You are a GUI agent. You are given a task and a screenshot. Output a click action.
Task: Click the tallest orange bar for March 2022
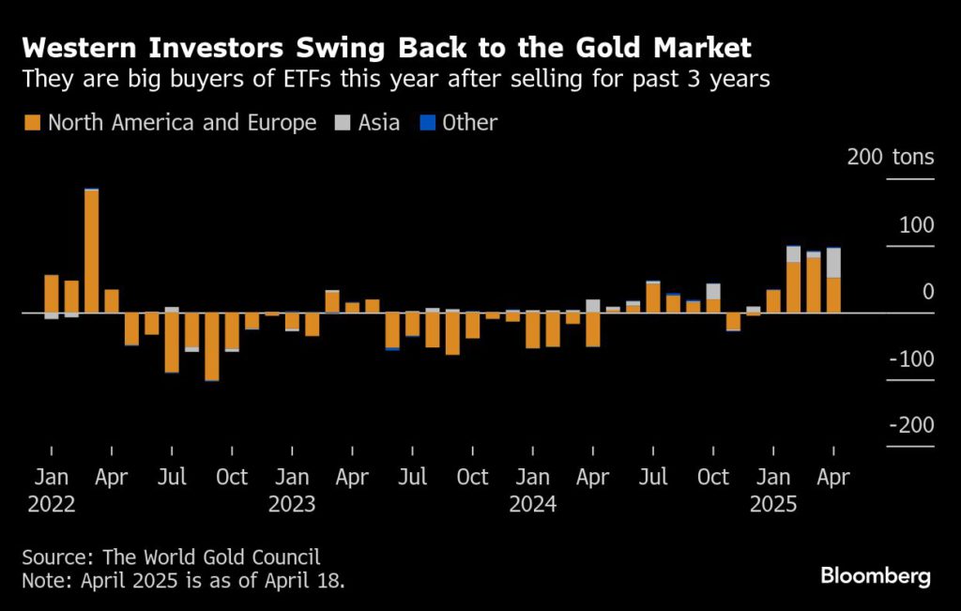pyautogui.click(x=91, y=251)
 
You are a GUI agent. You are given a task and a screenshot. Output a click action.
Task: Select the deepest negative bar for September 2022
pyautogui.click(x=211, y=346)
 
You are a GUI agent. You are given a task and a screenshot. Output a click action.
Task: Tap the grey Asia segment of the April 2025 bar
pyautogui.click(x=832, y=263)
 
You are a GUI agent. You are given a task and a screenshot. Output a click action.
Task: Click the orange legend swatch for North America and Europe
pyautogui.click(x=33, y=123)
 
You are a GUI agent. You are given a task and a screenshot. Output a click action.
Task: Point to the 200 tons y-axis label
pyautogui.click(x=890, y=157)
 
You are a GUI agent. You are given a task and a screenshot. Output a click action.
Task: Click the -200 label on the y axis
pyautogui.click(x=909, y=425)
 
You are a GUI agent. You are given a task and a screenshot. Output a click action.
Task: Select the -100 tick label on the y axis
pyautogui.click(x=909, y=359)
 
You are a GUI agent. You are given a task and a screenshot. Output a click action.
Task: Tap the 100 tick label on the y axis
pyautogui.click(x=915, y=225)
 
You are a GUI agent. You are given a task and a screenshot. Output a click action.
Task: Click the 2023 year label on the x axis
pyautogui.click(x=292, y=504)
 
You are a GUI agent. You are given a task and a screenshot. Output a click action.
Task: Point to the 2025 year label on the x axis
pyautogui.click(x=773, y=504)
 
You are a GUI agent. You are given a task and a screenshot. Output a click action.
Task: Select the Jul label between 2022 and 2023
pyautogui.click(x=172, y=478)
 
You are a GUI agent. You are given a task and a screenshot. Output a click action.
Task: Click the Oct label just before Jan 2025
pyautogui.click(x=713, y=478)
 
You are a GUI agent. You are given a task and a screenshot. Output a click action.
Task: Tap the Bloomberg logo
pyautogui.click(x=875, y=575)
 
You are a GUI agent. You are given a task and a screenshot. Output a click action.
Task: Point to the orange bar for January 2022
pyautogui.click(x=51, y=294)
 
